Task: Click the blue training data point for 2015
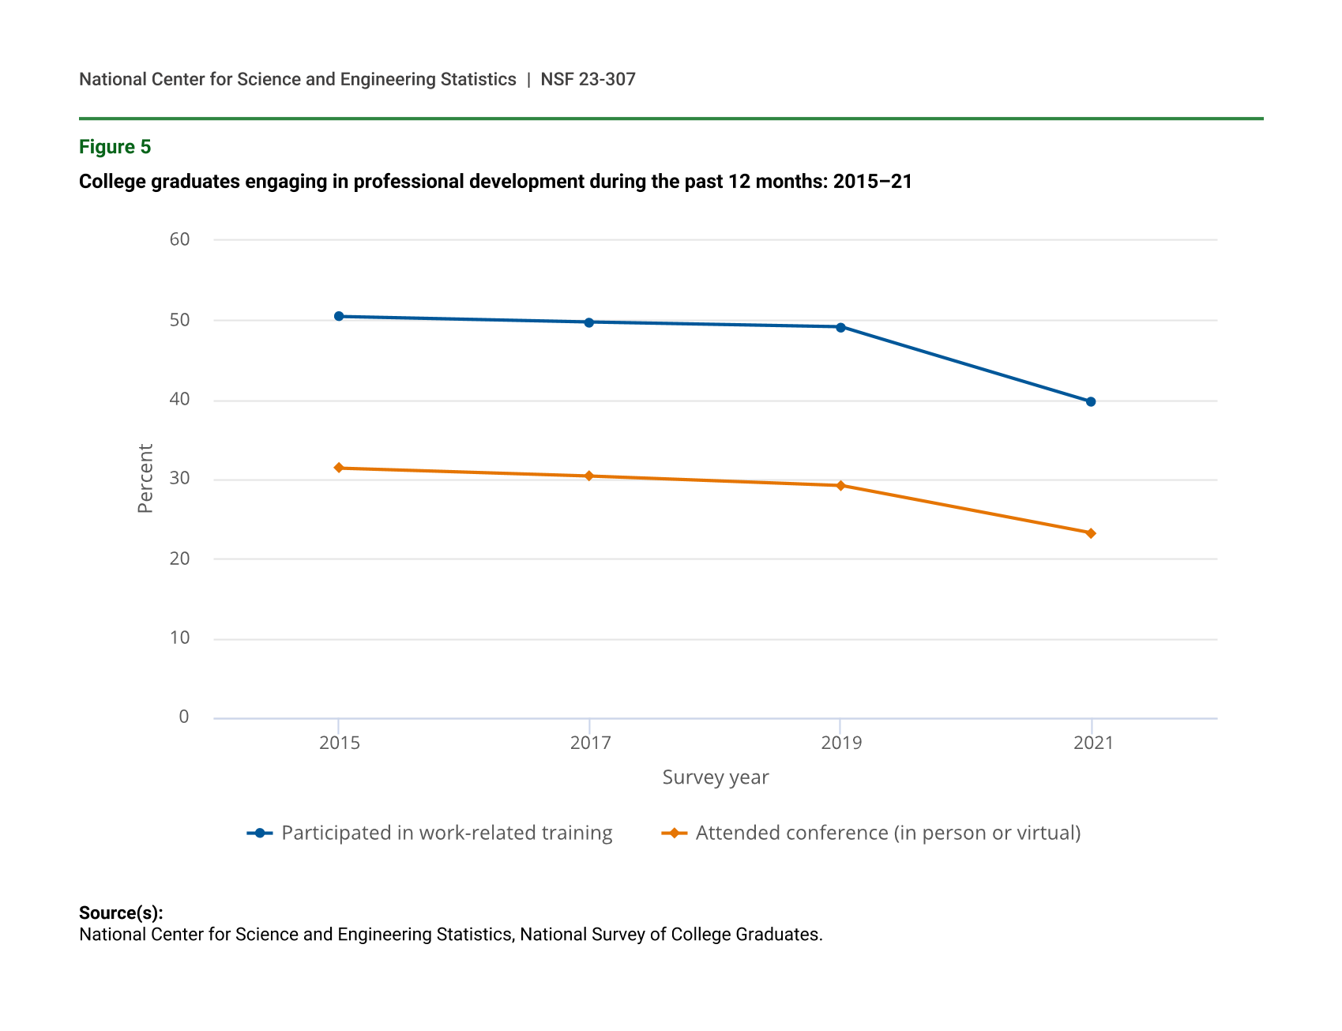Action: coord(339,316)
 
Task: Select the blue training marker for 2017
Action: coord(589,322)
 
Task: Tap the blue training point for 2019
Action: coord(840,327)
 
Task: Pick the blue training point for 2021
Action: coord(1091,402)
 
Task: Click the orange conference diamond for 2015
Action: coord(339,468)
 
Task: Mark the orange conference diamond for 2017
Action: coord(589,476)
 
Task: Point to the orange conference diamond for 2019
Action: coord(840,485)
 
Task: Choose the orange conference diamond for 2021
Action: coord(1091,533)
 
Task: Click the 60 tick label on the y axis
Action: coord(179,239)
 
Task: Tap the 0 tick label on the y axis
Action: coord(184,717)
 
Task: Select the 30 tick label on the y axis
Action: coord(179,478)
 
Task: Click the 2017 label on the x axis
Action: coord(590,743)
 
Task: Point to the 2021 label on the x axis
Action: coord(1093,743)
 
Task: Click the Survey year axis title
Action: coord(715,777)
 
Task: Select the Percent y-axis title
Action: coord(145,478)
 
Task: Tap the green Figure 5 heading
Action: coord(115,147)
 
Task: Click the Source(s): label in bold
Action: coord(121,912)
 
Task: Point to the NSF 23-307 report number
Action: coord(588,79)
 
